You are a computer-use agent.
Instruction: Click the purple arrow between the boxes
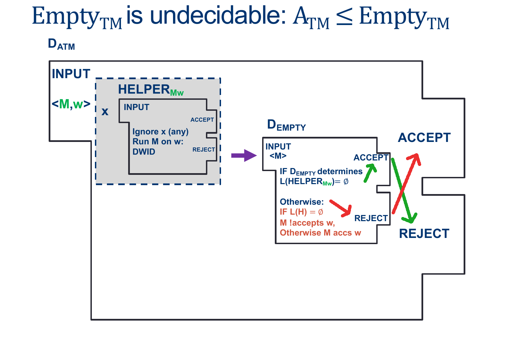tap(244, 155)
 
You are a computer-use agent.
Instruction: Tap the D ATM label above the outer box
tap(61, 44)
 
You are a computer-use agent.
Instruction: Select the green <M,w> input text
tap(71, 104)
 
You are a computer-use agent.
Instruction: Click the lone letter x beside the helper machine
tap(105, 111)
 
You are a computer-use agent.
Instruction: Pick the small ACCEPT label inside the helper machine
tap(202, 120)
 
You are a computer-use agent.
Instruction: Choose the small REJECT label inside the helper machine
tap(204, 149)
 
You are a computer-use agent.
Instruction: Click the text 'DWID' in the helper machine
tap(144, 152)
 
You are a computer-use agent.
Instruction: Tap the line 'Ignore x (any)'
tap(160, 132)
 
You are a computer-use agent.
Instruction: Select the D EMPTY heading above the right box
tap(286, 125)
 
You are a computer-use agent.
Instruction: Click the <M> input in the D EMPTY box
tap(278, 156)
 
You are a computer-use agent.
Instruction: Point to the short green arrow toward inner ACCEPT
tap(370, 172)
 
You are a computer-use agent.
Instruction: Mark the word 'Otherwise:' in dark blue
tap(302, 202)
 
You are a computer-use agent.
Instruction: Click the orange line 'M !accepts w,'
tap(307, 223)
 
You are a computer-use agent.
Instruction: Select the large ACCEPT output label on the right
tap(424, 137)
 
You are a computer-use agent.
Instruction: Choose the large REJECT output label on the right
tap(424, 233)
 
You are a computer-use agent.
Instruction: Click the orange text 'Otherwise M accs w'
tap(320, 233)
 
